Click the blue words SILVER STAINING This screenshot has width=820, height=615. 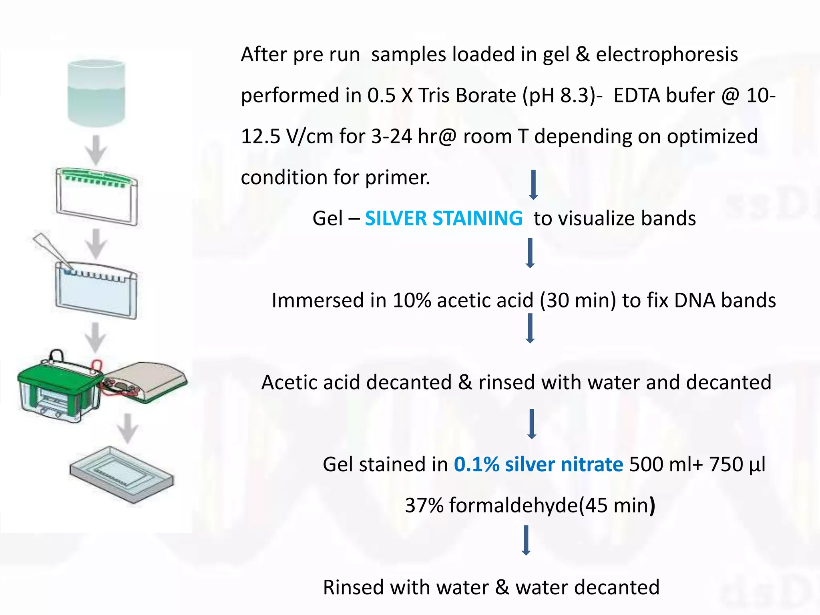[443, 219]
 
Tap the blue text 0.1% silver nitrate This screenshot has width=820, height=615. [538, 464]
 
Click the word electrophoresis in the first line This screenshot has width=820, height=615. [667, 54]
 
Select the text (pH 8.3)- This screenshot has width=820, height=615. [562, 96]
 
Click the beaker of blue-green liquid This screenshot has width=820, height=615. [96, 93]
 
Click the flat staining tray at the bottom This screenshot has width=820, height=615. [121, 474]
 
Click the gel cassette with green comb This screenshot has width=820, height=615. [97, 196]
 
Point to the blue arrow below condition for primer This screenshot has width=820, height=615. [533, 185]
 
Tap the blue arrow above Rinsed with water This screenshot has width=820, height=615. [527, 541]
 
